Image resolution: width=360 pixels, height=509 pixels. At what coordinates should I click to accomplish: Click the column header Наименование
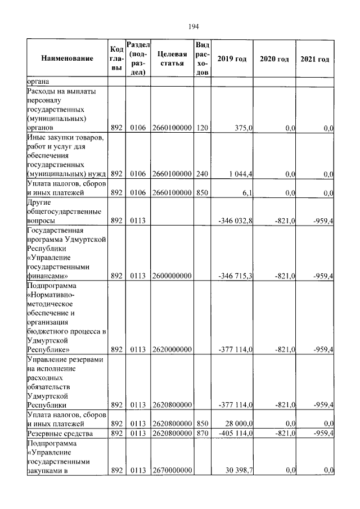click(x=66, y=59)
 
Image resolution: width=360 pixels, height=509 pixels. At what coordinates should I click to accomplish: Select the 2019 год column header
click(x=232, y=59)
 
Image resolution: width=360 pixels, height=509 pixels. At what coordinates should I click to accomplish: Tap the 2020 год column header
click(x=274, y=59)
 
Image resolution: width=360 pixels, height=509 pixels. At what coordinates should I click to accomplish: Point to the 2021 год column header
click(x=315, y=59)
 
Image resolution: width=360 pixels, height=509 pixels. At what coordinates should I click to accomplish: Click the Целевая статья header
click(x=172, y=58)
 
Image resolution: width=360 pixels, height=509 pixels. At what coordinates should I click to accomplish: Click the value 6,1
click(x=246, y=192)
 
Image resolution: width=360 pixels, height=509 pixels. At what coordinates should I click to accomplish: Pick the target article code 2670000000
click(x=172, y=470)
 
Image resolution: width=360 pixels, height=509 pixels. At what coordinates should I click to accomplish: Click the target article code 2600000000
click(x=172, y=276)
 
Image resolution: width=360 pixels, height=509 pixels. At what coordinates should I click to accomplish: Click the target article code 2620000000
click(x=172, y=349)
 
